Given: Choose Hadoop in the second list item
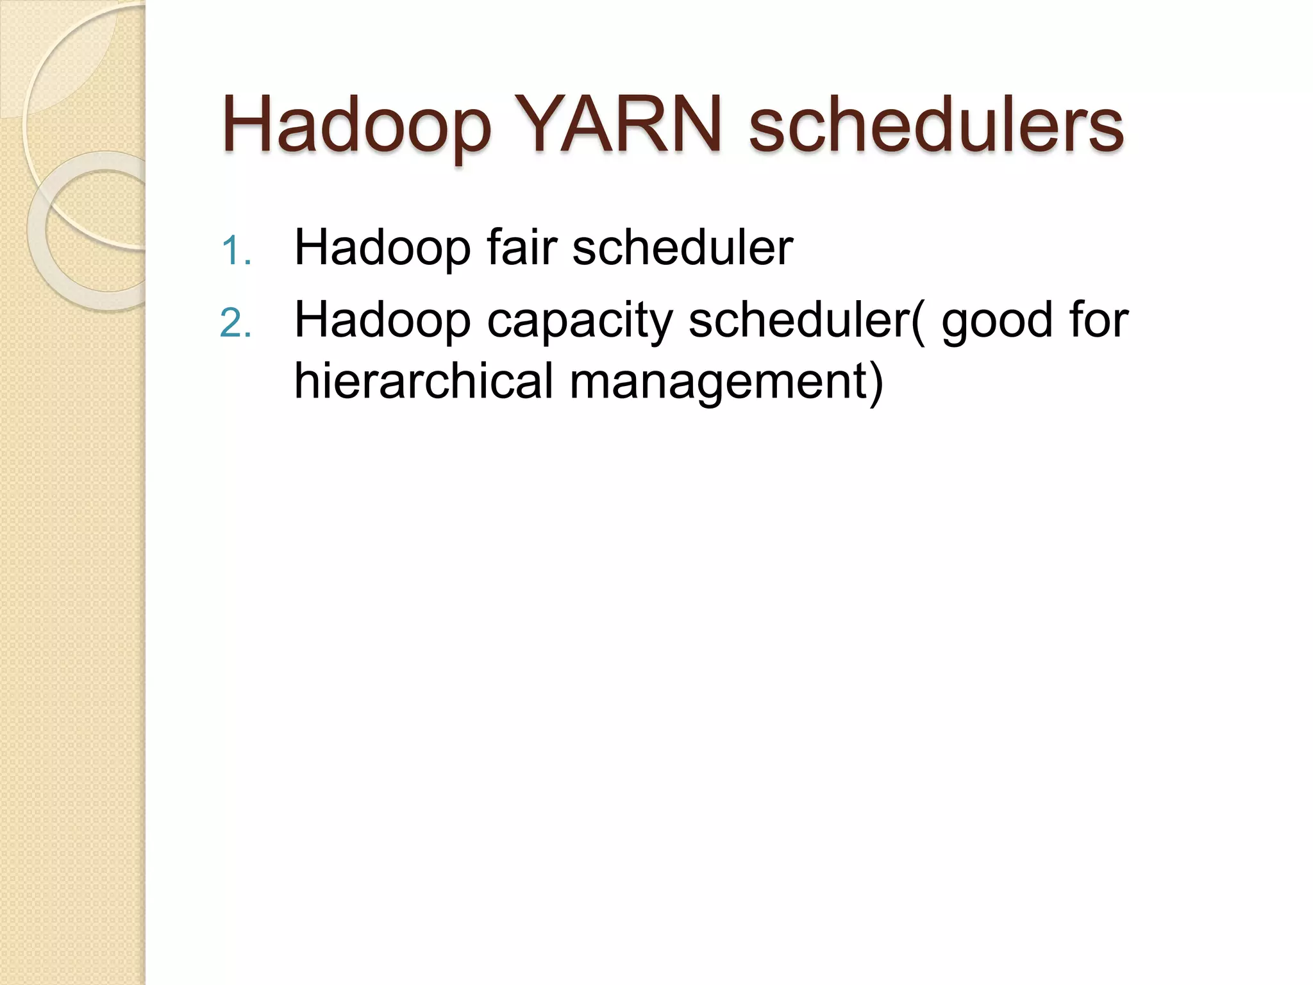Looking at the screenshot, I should pyautogui.click(x=382, y=320).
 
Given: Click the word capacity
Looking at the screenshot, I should pyautogui.click(x=579, y=320).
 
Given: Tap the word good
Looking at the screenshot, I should pyautogui.click(x=996, y=320).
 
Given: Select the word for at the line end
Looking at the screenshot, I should pyautogui.click(x=1098, y=320).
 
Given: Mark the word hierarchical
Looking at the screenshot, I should pyautogui.click(x=423, y=381).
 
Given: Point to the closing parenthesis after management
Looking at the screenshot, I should pyautogui.click(x=876, y=382).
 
